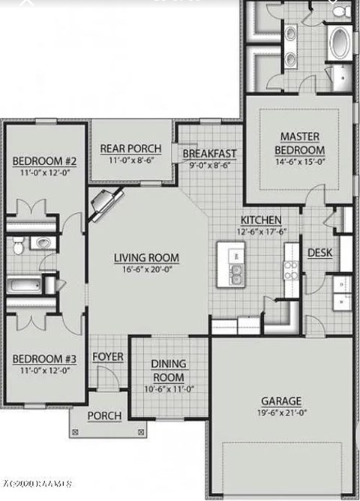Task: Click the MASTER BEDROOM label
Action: [x=300, y=143]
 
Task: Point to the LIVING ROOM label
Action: [x=146, y=258]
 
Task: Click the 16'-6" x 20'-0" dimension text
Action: [x=146, y=271]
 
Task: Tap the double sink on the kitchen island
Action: [x=235, y=274]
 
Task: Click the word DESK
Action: [x=319, y=253]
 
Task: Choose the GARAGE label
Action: [x=281, y=400]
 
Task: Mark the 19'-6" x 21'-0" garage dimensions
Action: [x=281, y=412]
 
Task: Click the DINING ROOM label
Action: [x=169, y=370]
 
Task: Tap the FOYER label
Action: [x=108, y=356]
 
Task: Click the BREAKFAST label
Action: [x=209, y=154]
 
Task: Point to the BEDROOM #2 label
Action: [x=45, y=161]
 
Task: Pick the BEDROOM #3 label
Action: [x=45, y=358]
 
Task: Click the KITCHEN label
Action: [x=260, y=219]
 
